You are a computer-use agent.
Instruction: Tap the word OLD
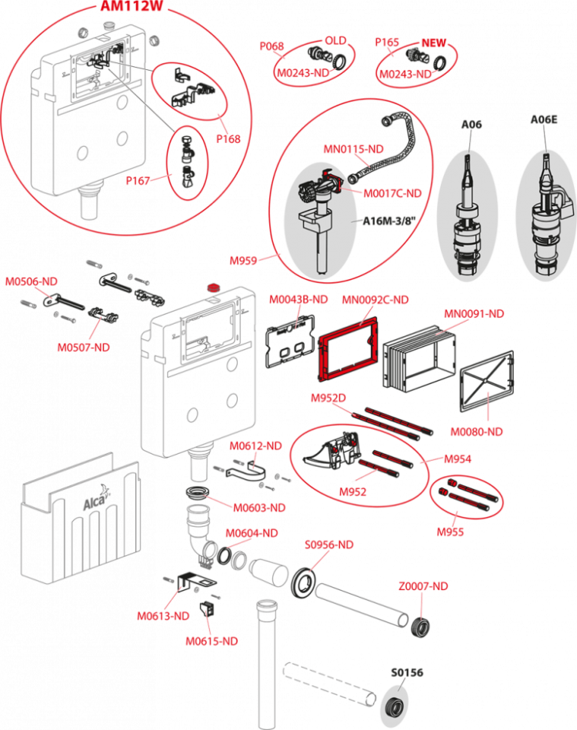335,39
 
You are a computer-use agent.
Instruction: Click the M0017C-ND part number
392,193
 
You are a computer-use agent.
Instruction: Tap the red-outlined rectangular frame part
347,350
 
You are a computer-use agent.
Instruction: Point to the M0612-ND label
255,446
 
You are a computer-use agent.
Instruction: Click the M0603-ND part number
260,508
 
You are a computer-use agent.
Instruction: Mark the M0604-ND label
252,532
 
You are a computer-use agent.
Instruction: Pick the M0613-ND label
163,615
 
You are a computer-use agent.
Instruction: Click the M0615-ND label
211,640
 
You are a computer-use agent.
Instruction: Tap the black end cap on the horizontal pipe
420,627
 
